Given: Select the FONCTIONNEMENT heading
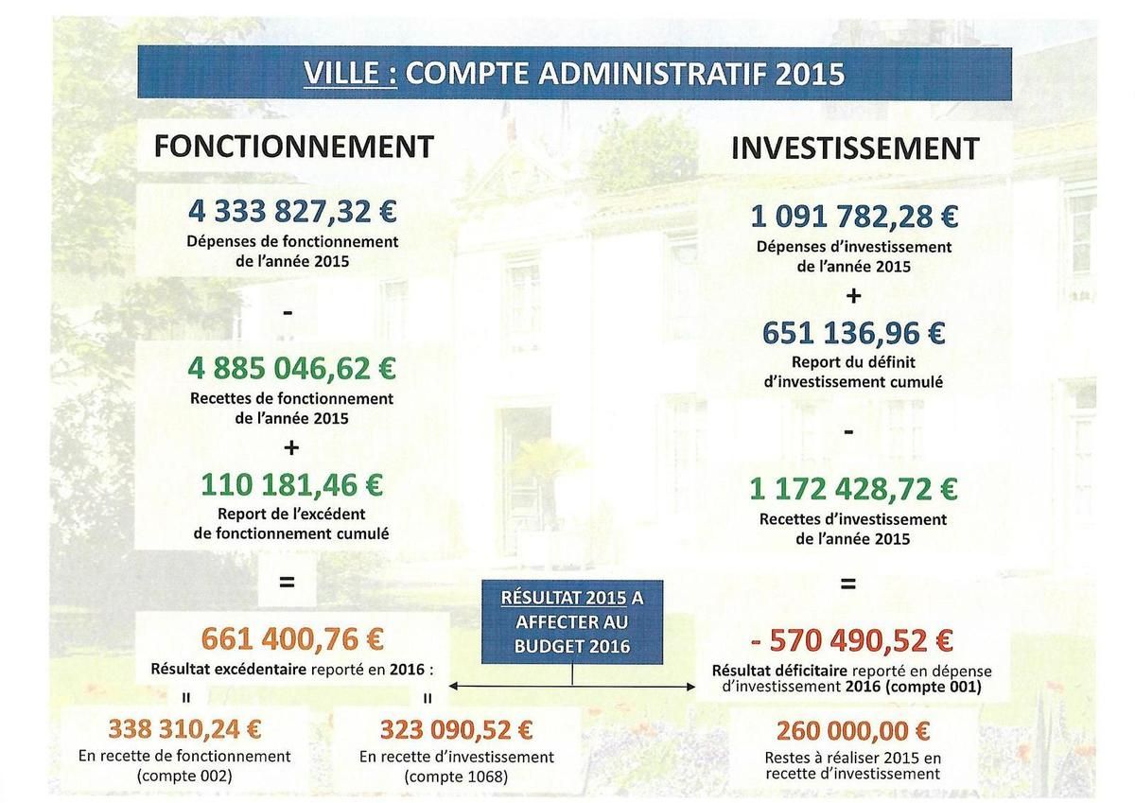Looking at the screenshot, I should (293, 147).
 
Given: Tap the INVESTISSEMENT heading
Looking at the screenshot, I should (854, 148).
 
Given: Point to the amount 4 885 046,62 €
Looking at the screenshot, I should (292, 368).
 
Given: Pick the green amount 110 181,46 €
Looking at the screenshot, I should (292, 484).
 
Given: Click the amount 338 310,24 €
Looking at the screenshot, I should (184, 729).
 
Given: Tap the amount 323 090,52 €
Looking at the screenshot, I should (456, 729).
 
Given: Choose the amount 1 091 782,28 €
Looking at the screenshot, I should (854, 217).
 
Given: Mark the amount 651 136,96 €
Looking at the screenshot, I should (854, 333).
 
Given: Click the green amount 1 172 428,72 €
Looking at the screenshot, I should (853, 489).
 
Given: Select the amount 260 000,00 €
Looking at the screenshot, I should (853, 731).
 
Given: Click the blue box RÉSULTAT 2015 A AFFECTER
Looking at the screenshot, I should (571, 621).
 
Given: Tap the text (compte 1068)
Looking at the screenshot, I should (456, 777).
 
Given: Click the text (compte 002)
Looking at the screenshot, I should (184, 776).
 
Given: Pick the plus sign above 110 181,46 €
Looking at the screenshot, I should (291, 446).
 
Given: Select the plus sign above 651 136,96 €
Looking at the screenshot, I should (853, 297).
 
